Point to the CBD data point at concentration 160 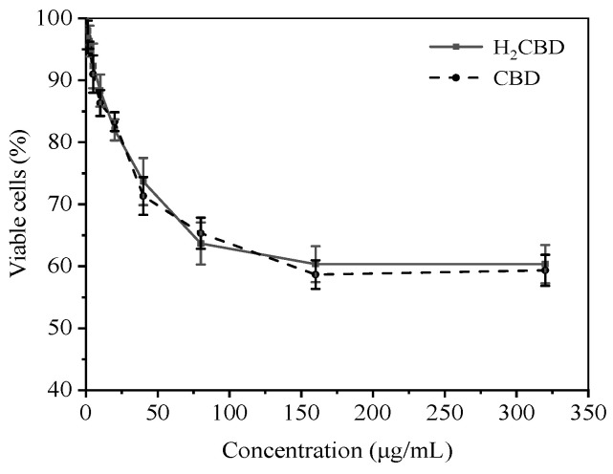pyautogui.click(x=316, y=274)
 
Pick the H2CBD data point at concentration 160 pyautogui.click(x=316, y=264)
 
